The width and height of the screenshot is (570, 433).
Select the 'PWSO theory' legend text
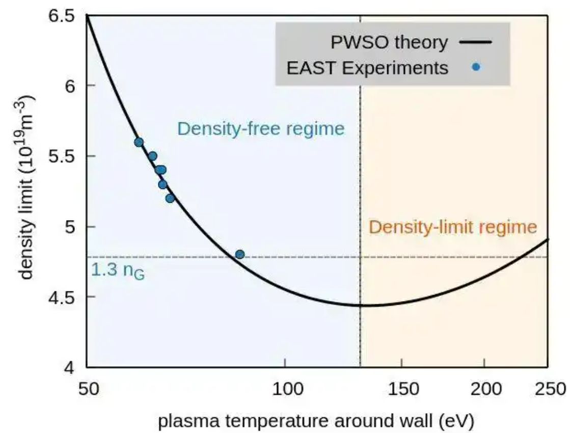coord(389,42)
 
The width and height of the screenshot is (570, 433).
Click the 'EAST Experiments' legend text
coord(367,67)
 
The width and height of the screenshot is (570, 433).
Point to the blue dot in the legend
coord(476,67)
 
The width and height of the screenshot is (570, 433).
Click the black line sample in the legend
coord(476,42)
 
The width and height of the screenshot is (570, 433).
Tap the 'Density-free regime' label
coord(261,128)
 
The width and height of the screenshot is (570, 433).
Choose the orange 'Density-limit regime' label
coord(453,227)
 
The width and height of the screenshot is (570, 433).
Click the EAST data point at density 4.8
coord(240,254)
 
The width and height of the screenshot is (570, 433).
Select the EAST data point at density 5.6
coord(139,142)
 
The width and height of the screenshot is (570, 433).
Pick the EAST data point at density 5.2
coord(170,198)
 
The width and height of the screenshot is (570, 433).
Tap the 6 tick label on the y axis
coord(72,86)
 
